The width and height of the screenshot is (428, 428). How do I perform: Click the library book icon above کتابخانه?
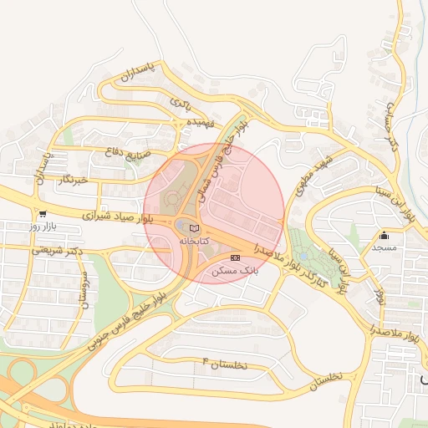coord(195,228)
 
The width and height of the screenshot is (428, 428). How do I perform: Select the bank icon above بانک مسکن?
coord(236,257)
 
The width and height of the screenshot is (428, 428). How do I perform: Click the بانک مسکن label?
coord(235,271)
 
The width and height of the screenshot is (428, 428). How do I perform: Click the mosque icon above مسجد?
coord(384,235)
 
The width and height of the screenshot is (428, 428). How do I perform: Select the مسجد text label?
coord(385,248)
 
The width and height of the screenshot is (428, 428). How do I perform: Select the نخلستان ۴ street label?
coord(226,364)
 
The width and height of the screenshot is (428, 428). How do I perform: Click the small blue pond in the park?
coord(303,255)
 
